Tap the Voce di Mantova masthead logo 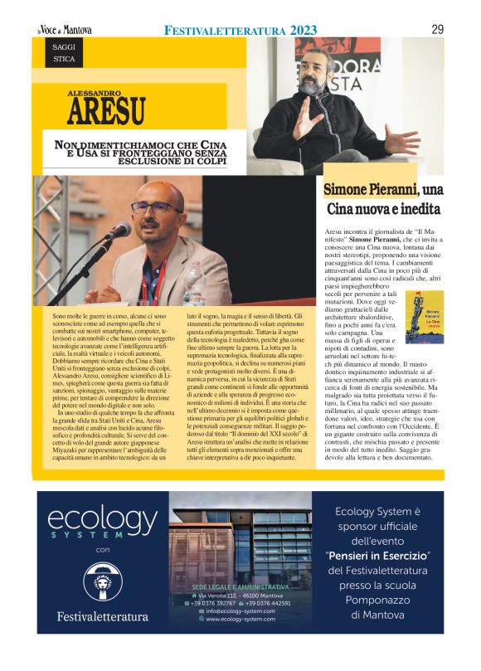coord(64,31)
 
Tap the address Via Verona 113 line coord(240,595)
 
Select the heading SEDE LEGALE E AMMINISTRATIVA coord(240,586)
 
